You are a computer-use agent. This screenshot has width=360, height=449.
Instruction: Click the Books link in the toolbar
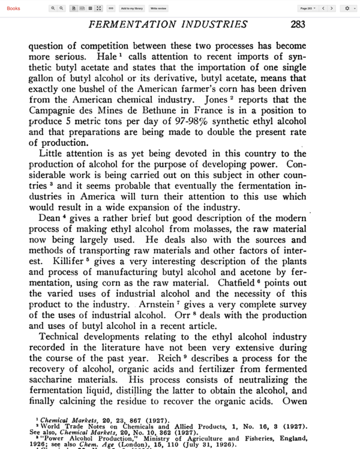13,8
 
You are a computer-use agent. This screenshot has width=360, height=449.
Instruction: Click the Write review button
159,8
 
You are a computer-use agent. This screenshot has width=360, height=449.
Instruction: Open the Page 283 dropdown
308,8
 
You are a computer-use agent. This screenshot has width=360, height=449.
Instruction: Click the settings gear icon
347,8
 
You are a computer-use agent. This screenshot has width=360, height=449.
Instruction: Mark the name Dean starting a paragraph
49,218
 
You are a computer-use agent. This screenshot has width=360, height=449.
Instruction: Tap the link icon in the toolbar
110,8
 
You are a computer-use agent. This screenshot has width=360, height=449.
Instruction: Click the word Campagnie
57,110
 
